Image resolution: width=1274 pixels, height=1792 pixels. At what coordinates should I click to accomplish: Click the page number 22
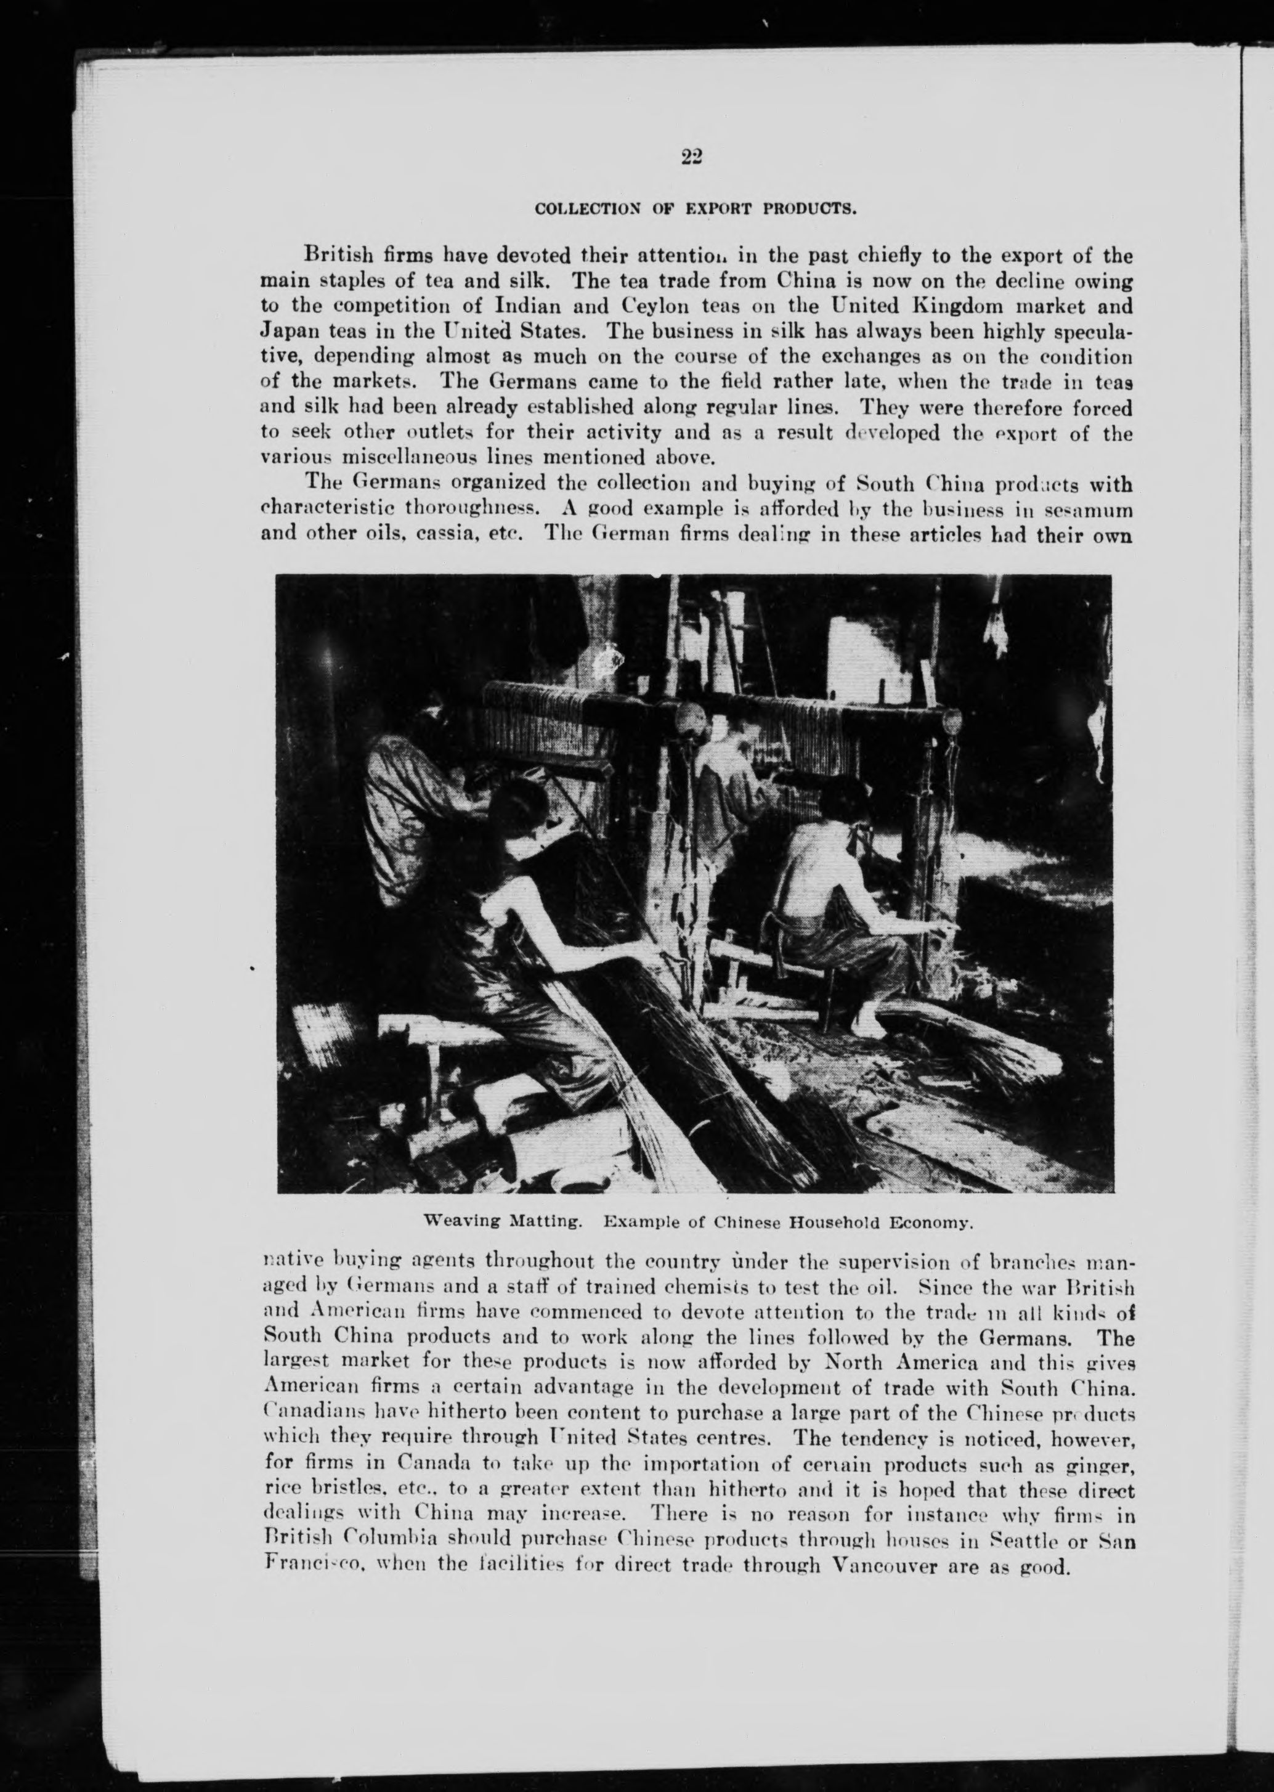(x=691, y=158)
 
